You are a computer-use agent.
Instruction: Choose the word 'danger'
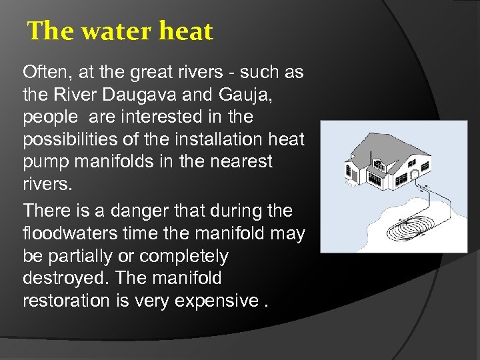point(139,211)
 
